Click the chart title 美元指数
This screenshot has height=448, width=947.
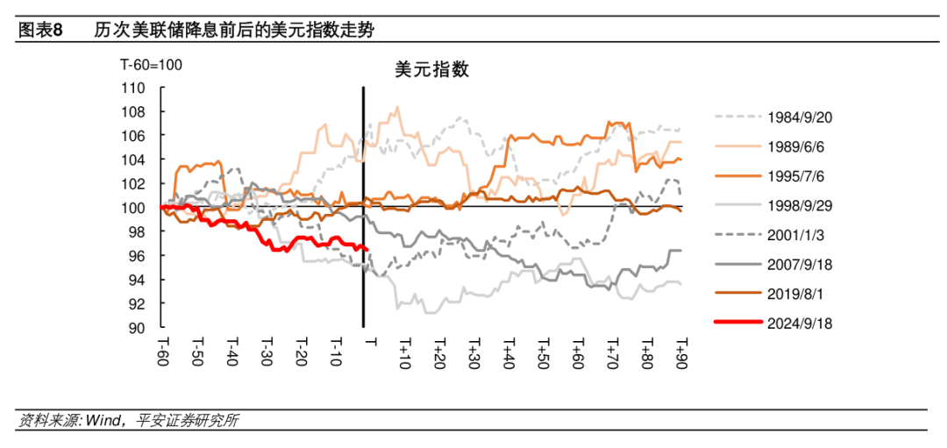432,70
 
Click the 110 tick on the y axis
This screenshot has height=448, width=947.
132,88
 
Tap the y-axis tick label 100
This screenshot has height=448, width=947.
132,208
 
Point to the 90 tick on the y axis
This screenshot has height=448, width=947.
136,328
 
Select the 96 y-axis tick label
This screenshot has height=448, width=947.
136,256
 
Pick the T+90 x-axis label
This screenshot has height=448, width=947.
680,353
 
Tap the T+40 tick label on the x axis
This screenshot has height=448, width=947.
508,353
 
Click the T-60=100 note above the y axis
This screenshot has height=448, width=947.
151,66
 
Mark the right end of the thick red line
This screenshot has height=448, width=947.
365,249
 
